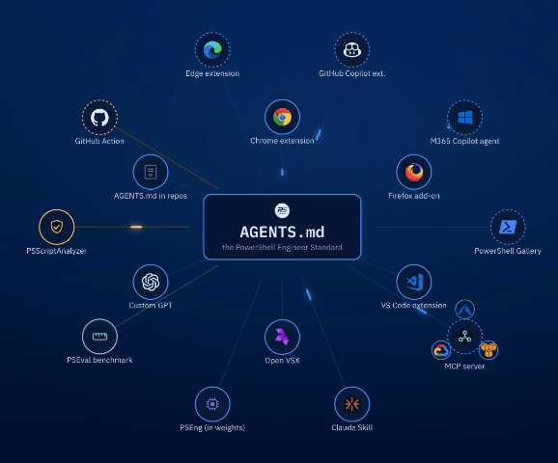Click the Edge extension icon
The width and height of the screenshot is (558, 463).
pyautogui.click(x=212, y=50)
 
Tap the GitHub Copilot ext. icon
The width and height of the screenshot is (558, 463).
pyautogui.click(x=352, y=50)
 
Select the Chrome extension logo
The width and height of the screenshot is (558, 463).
pyautogui.click(x=282, y=117)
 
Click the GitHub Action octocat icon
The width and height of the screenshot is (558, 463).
pyautogui.click(x=99, y=118)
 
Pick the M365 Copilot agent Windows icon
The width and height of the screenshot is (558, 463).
pyautogui.click(x=464, y=118)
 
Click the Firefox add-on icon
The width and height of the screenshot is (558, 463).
pyautogui.click(x=414, y=172)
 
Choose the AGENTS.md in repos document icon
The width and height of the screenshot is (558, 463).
pyautogui.click(x=151, y=172)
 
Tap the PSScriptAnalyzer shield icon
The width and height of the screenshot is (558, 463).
pyautogui.click(x=57, y=227)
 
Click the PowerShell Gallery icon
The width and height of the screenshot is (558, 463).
pyautogui.click(x=508, y=227)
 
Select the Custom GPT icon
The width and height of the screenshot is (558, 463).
pyautogui.click(x=151, y=282)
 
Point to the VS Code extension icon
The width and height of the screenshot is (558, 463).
pyautogui.click(x=414, y=282)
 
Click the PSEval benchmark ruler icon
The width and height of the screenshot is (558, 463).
pyautogui.click(x=99, y=337)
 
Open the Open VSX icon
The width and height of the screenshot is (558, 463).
pyautogui.click(x=282, y=337)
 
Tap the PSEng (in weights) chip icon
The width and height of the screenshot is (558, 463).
pyautogui.click(x=212, y=404)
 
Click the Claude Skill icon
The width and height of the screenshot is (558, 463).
pyautogui.click(x=352, y=404)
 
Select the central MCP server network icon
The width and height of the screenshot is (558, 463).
pyautogui.click(x=464, y=337)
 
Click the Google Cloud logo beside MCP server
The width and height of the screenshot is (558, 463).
pyautogui.click(x=441, y=351)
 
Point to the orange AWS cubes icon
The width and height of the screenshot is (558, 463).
pyautogui.click(x=488, y=350)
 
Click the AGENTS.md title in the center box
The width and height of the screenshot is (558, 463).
pyautogui.click(x=282, y=232)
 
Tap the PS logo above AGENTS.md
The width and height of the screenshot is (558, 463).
pyautogui.click(x=282, y=210)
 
